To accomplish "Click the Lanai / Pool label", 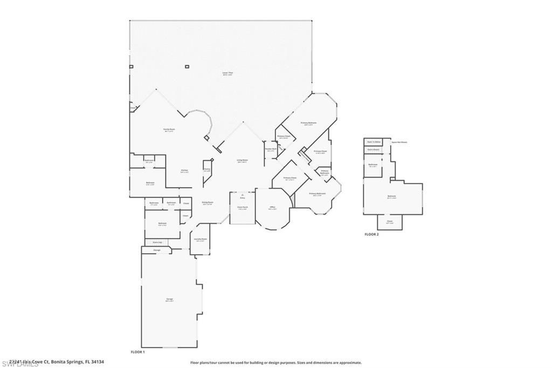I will [x=227, y=73].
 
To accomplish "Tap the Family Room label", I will [x=168, y=130].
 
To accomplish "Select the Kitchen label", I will [x=184, y=171].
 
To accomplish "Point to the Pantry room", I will [x=207, y=169].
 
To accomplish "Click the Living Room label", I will [x=242, y=161].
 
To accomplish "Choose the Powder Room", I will [x=270, y=149].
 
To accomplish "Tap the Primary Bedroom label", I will [x=308, y=124].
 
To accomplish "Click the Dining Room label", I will [x=207, y=203].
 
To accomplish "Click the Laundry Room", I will [x=201, y=240].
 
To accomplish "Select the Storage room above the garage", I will [x=157, y=250].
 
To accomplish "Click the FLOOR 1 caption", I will [x=138, y=352].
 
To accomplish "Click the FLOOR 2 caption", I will [x=372, y=235].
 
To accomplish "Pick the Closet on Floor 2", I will [x=390, y=222].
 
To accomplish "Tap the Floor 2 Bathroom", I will [x=372, y=165].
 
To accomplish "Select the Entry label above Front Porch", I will [x=242, y=197].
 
